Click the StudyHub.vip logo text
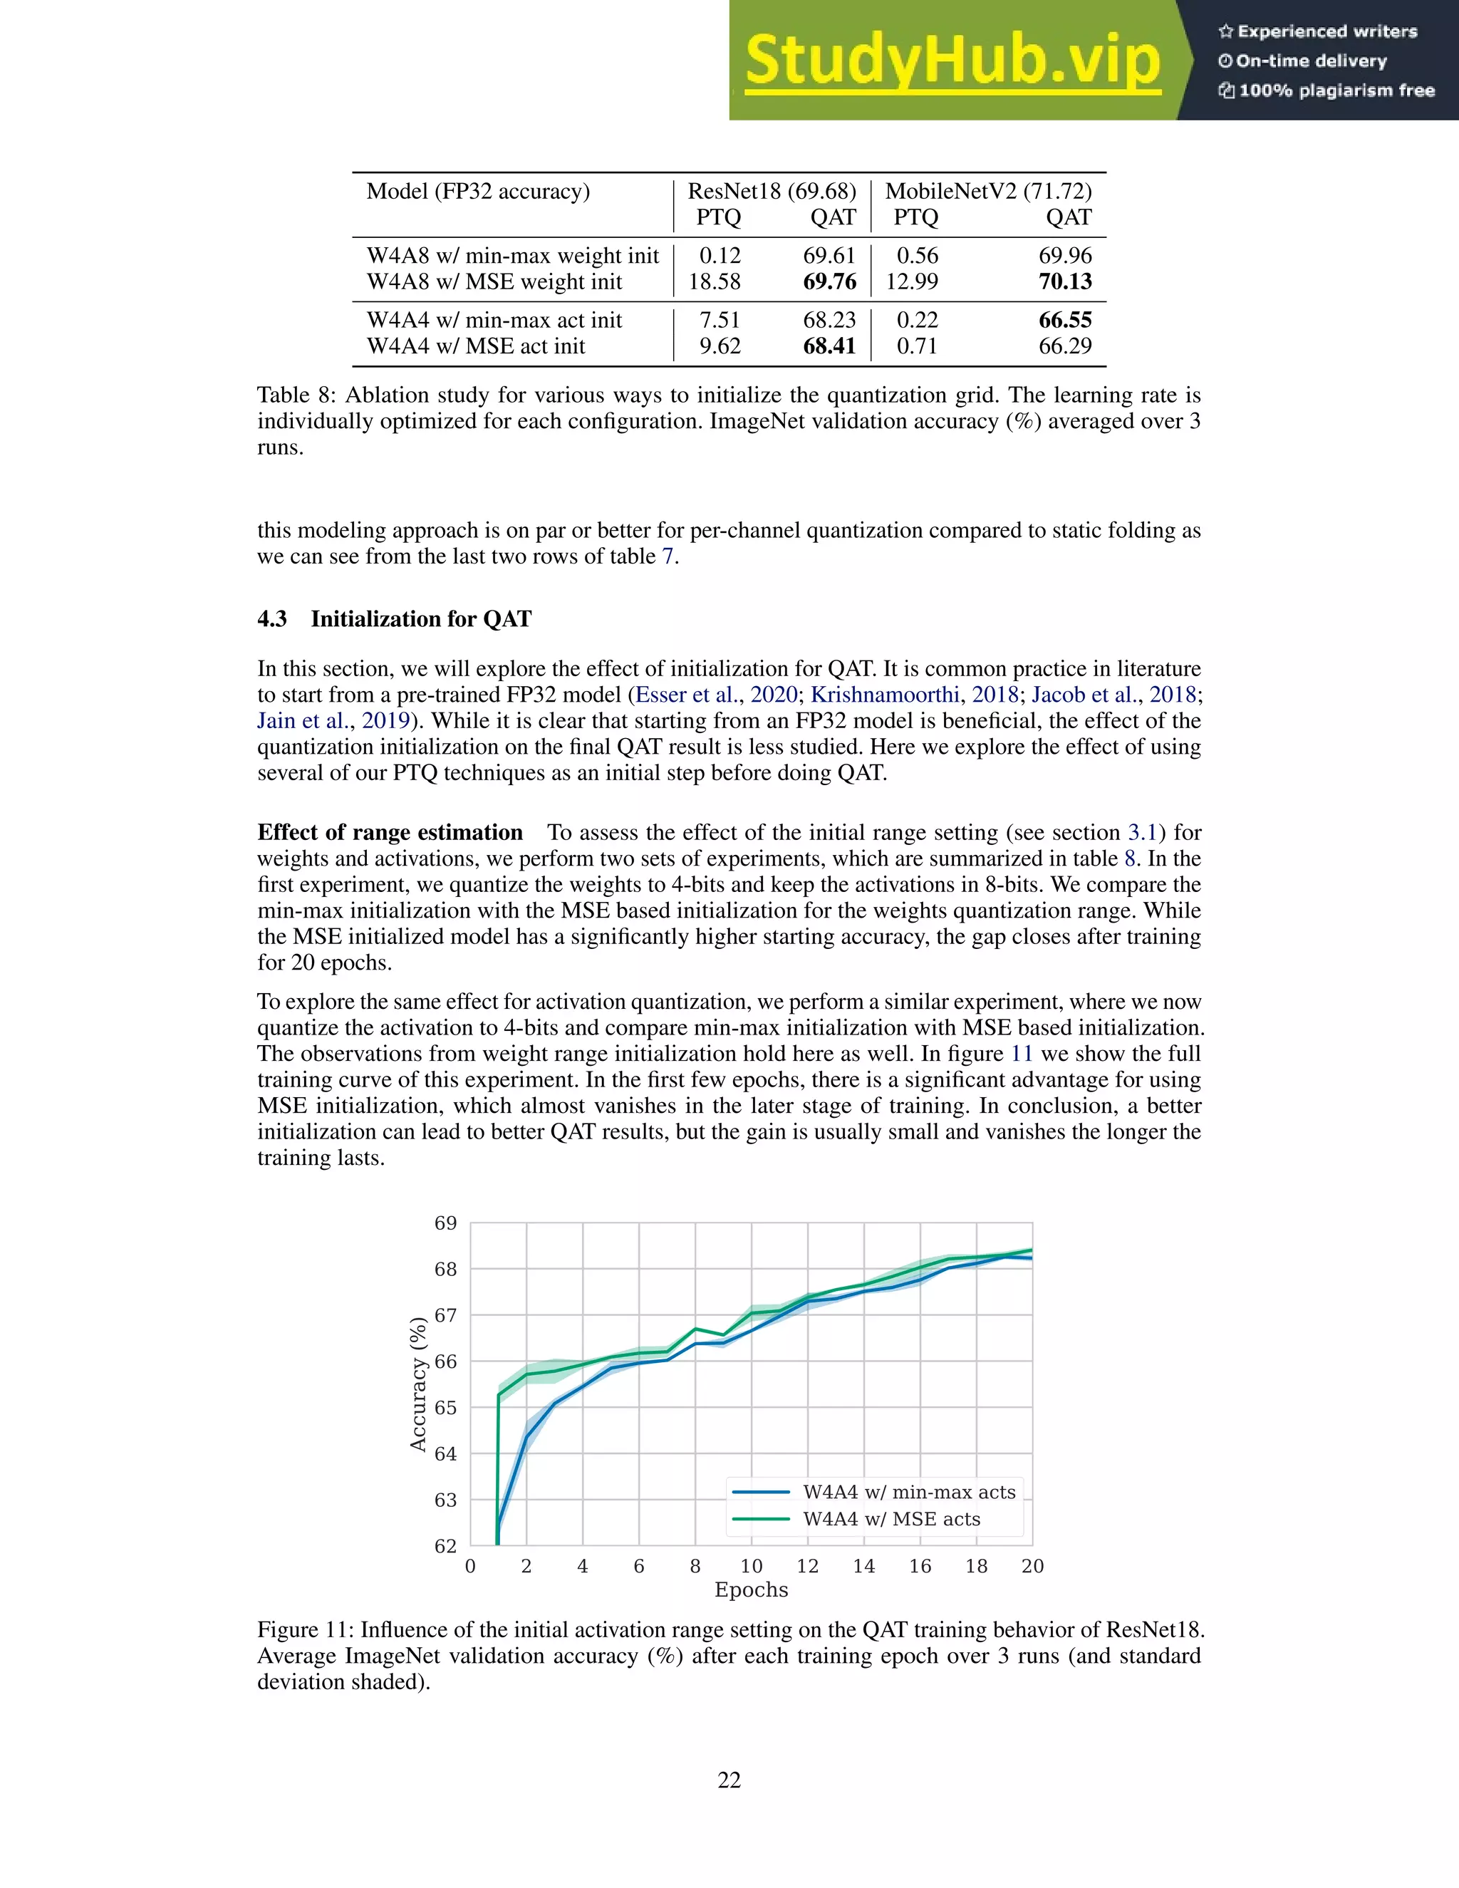click(952, 61)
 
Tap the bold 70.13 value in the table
click(1065, 282)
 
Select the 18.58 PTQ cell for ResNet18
click(714, 282)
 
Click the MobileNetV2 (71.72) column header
click(988, 191)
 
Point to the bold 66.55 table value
click(1065, 320)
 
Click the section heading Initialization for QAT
click(421, 619)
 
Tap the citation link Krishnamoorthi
click(884, 695)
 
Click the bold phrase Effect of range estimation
click(390, 832)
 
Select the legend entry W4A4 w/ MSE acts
click(891, 1519)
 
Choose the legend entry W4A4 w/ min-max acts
click(908, 1491)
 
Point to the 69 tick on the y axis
click(445, 1223)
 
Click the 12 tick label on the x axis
click(807, 1567)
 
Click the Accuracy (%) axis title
click(418, 1384)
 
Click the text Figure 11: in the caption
click(305, 1629)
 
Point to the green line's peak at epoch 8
click(695, 1329)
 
